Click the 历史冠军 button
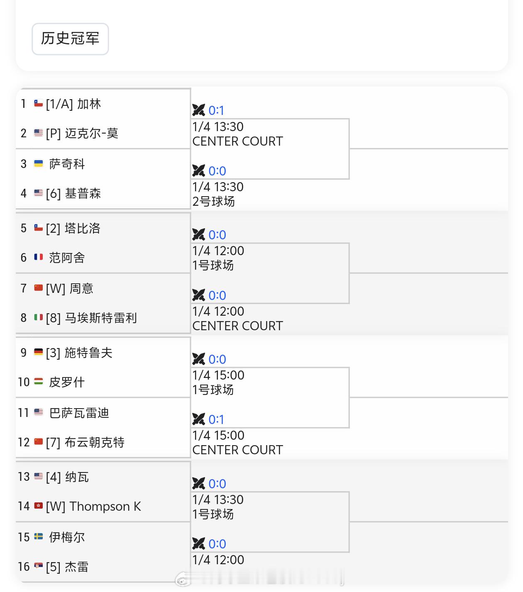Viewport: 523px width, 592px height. click(70, 39)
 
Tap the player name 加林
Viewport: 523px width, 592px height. click(89, 104)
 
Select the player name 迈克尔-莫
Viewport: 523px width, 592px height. click(92, 133)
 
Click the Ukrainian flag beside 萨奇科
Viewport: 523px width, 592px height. click(39, 164)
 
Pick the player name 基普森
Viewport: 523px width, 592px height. click(83, 193)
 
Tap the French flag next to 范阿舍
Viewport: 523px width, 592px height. click(39, 257)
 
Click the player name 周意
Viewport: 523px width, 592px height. click(81, 288)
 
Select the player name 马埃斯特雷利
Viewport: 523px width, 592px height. click(101, 318)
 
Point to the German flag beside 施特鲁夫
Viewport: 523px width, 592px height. click(39, 352)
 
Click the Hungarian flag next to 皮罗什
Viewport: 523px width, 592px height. click(39, 382)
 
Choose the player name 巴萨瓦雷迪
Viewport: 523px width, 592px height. click(79, 413)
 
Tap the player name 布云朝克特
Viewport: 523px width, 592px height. click(95, 442)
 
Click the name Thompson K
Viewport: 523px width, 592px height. click(105, 506)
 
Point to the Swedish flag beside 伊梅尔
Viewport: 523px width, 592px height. click(39, 537)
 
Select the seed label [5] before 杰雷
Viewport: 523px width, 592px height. click(53, 567)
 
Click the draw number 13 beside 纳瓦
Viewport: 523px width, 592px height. click(24, 477)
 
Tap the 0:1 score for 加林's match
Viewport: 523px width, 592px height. click(216, 110)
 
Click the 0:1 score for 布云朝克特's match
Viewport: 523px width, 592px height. click(216, 419)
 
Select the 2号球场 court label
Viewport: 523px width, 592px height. click(214, 202)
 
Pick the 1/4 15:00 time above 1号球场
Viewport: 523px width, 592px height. click(218, 375)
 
